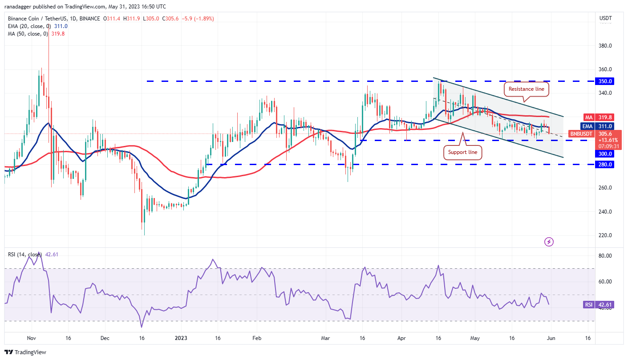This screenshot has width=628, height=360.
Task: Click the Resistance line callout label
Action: [x=527, y=89]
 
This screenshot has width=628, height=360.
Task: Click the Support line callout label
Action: [x=463, y=152]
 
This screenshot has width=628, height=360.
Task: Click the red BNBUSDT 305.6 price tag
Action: [x=583, y=133]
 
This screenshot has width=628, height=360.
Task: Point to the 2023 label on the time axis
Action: [x=181, y=338]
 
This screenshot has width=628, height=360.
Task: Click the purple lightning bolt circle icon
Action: [x=549, y=242]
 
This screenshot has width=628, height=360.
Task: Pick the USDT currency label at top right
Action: [x=605, y=19]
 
